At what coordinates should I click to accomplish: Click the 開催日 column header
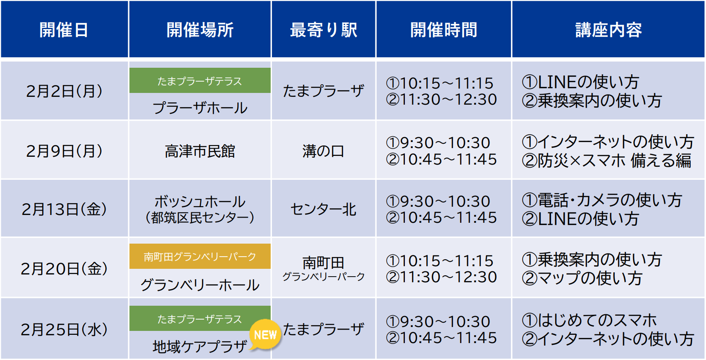pos(64,30)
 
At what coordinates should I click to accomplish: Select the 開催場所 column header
pos(200,30)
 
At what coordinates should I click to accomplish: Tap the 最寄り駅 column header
pos(323,30)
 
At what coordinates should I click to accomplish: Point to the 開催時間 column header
pos(444,30)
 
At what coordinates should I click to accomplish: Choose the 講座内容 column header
pos(608,30)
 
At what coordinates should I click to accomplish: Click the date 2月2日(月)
pos(64,91)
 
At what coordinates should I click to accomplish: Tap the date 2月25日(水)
pos(64,330)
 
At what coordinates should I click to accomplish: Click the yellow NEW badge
pos(265,335)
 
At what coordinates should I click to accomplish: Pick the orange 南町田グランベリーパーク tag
pos(200,257)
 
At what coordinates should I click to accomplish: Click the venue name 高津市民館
pos(200,151)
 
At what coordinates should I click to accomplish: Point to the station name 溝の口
pos(323,151)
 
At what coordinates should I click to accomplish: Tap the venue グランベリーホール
pos(200,285)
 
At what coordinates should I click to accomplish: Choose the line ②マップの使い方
pos(582,278)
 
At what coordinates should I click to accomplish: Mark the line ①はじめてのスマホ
pos(589,320)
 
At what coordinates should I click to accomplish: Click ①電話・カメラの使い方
pos(602,200)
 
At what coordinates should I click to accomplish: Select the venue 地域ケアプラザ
pos(200,346)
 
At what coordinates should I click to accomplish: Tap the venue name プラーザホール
pos(200,108)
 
